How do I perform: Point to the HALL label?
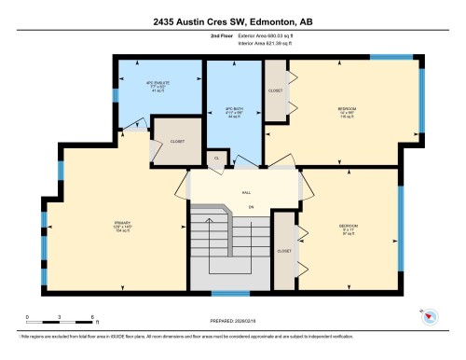246,191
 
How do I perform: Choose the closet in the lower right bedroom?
285,249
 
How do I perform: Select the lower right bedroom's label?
349,229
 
